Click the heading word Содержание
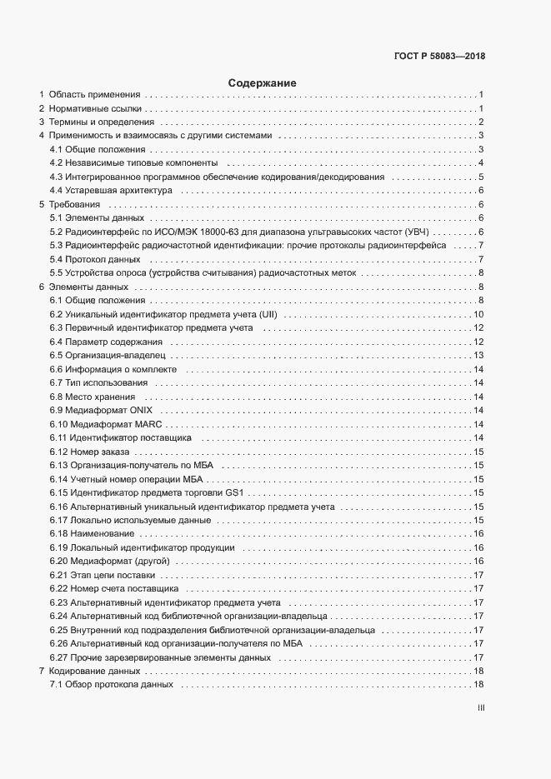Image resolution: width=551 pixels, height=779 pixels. pyautogui.click(x=262, y=83)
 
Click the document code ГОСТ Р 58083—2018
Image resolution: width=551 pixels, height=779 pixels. pyautogui.click(x=439, y=57)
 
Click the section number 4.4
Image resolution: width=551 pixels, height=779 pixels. pyautogui.click(x=57, y=190)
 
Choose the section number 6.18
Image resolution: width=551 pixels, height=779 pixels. pyautogui.click(x=59, y=533)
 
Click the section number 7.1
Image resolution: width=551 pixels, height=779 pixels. pyautogui.click(x=57, y=685)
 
